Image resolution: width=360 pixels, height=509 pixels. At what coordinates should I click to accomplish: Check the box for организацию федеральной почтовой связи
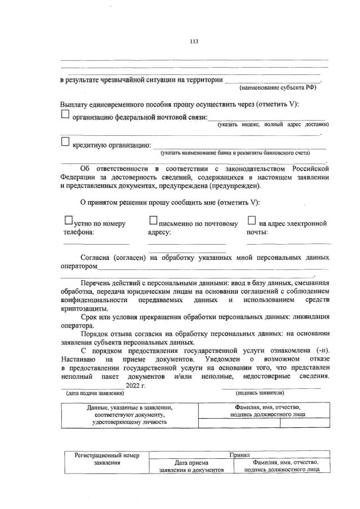[x=65, y=115]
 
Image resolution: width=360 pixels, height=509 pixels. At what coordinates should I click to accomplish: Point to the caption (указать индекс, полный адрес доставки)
[x=273, y=124]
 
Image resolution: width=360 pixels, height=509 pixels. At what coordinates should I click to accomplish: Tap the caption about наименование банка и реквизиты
[x=235, y=152]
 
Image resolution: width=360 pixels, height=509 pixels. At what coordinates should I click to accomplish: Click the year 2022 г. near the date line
[x=136, y=384]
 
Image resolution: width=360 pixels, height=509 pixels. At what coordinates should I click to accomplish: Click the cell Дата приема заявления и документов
[x=192, y=466]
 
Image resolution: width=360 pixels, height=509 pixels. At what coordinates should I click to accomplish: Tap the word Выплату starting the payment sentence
[x=75, y=104]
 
